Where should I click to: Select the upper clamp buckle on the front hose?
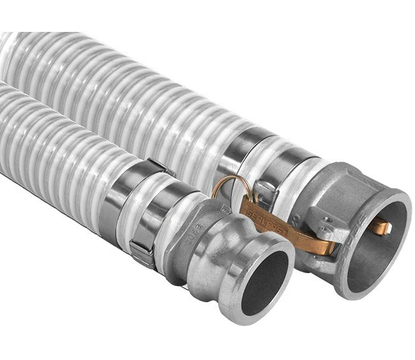coord(157,167)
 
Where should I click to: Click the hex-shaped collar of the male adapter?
coord(192,243)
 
